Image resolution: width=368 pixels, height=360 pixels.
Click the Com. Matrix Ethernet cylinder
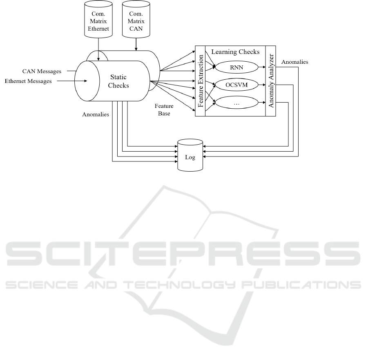pos(98,19)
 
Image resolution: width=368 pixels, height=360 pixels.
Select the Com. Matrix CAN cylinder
pos(136,19)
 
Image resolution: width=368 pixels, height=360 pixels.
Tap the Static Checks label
pos(118,81)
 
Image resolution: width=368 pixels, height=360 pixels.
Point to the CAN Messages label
pos(42,71)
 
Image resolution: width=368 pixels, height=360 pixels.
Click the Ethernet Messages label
pos(28,81)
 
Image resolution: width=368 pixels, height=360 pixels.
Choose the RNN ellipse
pos(236,67)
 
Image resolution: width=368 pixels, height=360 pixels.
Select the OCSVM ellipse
pos(236,85)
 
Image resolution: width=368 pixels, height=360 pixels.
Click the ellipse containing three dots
pos(236,103)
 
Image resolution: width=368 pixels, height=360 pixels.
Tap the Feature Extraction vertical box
pos(200,81)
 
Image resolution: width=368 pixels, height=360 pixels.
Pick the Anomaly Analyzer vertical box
pos(271,81)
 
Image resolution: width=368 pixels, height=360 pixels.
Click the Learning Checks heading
pos(235,51)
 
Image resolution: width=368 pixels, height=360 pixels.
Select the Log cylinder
pos(190,155)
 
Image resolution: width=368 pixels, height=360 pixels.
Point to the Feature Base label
pos(164,110)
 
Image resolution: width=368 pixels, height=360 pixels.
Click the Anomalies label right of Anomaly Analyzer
pos(295,62)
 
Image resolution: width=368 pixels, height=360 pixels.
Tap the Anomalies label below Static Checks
pos(96,114)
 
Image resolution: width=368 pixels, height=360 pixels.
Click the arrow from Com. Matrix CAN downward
pos(136,44)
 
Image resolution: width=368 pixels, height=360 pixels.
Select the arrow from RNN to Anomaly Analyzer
pos(262,67)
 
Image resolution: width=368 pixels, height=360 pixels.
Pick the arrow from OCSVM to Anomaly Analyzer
pos(262,85)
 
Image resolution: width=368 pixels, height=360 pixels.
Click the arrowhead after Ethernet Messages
pos(86,81)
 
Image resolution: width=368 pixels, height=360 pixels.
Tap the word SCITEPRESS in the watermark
pos(183,254)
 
